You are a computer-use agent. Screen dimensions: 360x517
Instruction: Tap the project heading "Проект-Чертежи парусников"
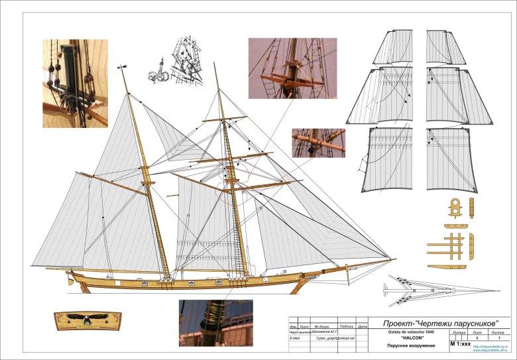click(x=443, y=323)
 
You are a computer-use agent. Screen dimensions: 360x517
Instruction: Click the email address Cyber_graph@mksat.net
click(x=336, y=338)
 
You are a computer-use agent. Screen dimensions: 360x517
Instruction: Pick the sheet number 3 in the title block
click(x=477, y=337)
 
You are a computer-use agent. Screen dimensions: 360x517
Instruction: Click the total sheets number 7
click(x=500, y=337)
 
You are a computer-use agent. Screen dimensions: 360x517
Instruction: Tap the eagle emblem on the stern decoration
click(x=86, y=322)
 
